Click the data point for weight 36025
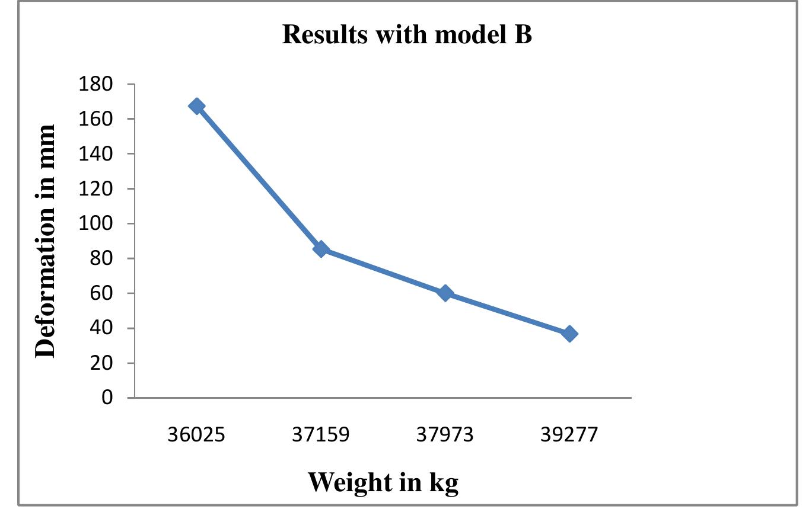pos(196,106)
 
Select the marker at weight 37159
pos(321,249)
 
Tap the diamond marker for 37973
pos(445,293)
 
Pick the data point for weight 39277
pos(569,334)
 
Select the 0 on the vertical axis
pos(106,398)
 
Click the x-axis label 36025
pos(196,436)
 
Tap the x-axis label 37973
pos(445,436)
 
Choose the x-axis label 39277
pos(569,436)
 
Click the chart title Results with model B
pos(407,35)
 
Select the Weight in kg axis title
pos(383,482)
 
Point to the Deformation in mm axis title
pos(46,241)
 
